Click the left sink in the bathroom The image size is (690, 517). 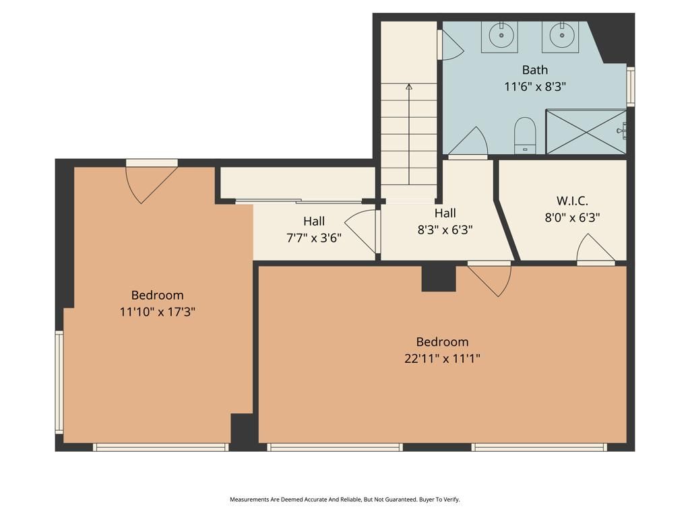499,35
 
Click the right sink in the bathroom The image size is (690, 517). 560,35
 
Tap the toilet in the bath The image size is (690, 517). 524,135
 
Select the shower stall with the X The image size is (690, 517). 586,131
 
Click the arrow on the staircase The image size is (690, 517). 409,87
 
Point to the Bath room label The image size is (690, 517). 535,70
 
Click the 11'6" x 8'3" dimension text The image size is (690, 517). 535,86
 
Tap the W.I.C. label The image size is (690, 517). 572,201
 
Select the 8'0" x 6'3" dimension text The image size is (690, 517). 572,217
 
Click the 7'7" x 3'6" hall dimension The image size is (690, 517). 313,237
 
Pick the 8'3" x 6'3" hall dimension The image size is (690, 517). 445,229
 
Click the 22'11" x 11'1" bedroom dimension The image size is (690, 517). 442,358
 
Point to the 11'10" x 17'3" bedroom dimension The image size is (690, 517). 157,312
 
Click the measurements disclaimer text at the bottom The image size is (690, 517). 345,499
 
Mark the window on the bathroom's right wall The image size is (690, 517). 631,86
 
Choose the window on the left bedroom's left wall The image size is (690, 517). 59,382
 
